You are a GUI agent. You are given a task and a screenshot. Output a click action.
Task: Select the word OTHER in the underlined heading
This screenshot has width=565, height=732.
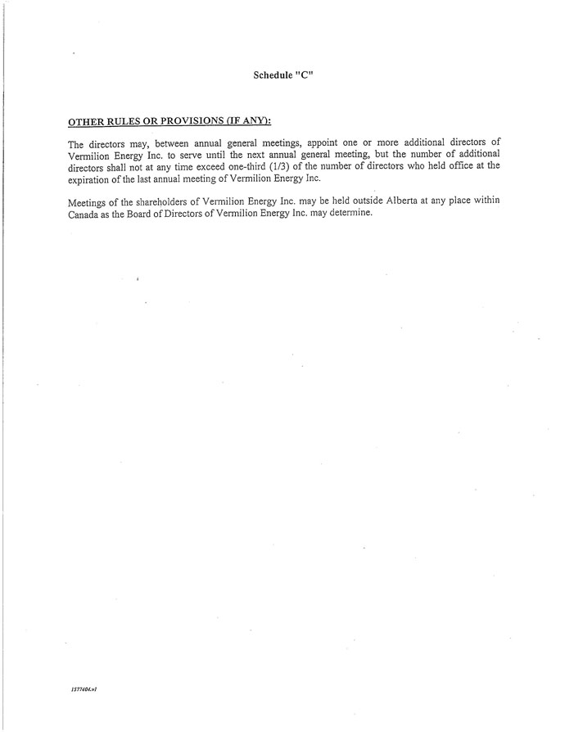pyautogui.click(x=85, y=121)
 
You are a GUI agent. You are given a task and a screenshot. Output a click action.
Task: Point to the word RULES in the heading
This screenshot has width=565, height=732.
pyautogui.click(x=125, y=121)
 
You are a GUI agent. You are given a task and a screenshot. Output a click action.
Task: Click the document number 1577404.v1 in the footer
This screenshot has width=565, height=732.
pyautogui.click(x=84, y=689)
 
